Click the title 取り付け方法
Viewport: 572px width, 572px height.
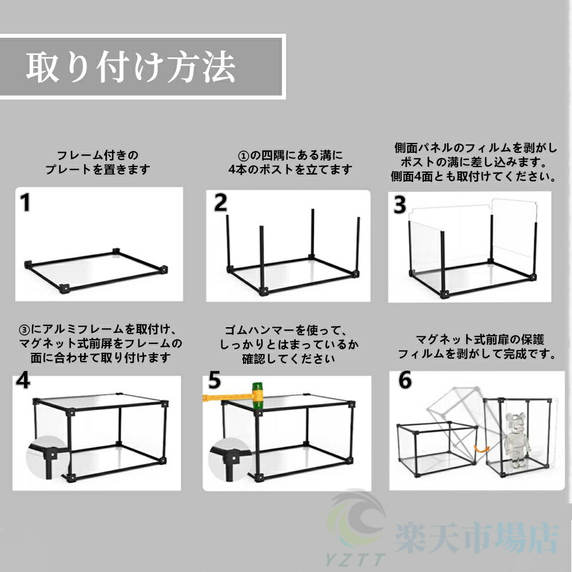[x=130, y=67]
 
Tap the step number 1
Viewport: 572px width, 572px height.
[x=25, y=202]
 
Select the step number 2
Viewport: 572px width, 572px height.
[x=220, y=202]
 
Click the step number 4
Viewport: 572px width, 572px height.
[x=23, y=380]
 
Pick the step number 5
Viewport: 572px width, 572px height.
[x=214, y=380]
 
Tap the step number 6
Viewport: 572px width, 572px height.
[x=405, y=380]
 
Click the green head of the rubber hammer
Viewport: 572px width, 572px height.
[x=257, y=396]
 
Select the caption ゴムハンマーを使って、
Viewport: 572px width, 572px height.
[x=285, y=330]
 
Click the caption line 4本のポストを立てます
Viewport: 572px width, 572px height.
[x=290, y=169]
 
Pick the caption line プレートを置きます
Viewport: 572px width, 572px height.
[x=97, y=169]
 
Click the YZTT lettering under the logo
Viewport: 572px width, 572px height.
[x=355, y=559]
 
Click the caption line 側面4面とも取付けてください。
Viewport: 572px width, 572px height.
[x=474, y=177]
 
